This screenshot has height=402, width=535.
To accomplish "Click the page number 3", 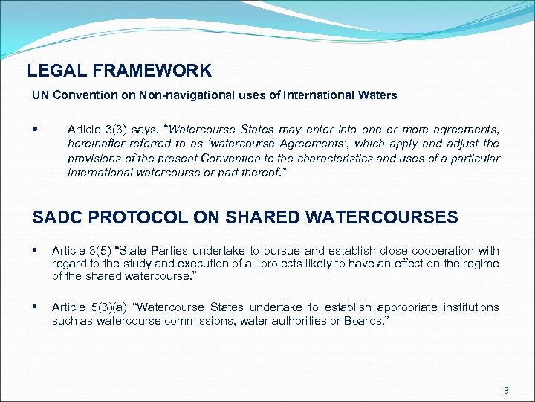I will pos(506,390).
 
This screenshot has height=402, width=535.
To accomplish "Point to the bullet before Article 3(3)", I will pos(36,129).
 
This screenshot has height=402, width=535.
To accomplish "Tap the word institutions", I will pos(471,307).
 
